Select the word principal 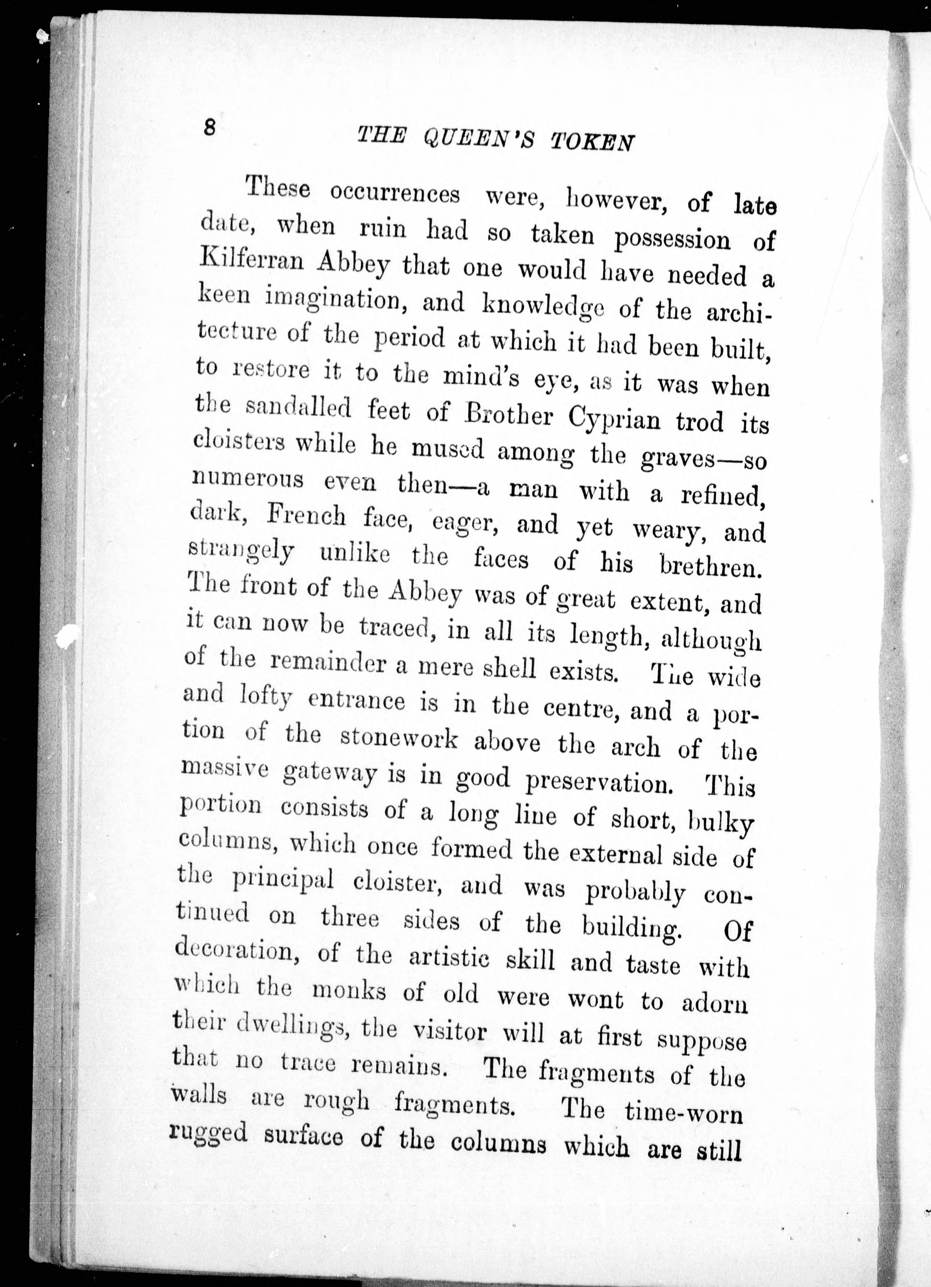283,881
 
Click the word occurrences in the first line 394,193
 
